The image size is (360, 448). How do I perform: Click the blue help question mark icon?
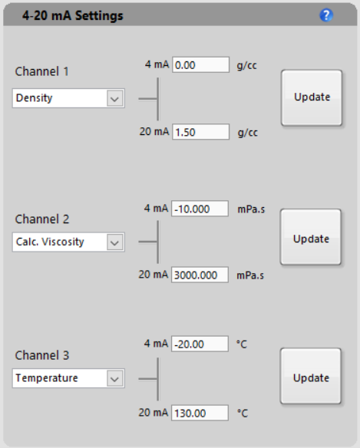pos(326,15)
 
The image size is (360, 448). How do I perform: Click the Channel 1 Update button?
pos(312,97)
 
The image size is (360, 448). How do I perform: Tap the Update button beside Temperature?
pos(311,376)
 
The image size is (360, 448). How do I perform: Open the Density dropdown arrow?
pos(115,98)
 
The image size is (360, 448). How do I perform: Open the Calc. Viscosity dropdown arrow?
pos(115,242)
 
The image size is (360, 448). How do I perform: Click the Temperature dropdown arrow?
pos(115,378)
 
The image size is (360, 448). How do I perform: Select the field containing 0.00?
pos(201,65)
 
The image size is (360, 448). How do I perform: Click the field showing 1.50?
pos(201,132)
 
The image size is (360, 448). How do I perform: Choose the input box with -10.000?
pos(200,209)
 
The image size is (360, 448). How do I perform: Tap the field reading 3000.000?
pos(200,275)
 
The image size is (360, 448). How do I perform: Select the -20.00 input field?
pos(200,344)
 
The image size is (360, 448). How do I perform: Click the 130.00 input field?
pos(200,413)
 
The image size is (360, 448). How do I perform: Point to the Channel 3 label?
pos(42,355)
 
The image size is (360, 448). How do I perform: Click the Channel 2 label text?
pos(42,219)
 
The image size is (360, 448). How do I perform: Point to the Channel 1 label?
pos(41,71)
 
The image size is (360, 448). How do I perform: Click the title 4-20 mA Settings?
pos(73,15)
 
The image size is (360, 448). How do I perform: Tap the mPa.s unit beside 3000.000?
pos(250,275)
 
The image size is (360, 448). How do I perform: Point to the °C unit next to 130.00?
pos(243,413)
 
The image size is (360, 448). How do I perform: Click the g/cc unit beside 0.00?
pos(246,66)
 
